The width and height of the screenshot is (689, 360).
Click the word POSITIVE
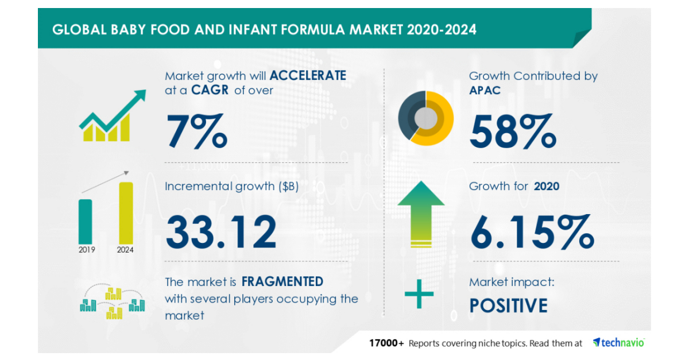(508, 305)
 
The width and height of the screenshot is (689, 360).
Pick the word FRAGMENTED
(282, 281)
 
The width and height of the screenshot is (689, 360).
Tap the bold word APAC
(485, 90)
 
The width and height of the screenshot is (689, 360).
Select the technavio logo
(618, 343)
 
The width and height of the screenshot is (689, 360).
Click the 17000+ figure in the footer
(386, 343)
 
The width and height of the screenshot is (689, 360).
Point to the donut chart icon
(425, 117)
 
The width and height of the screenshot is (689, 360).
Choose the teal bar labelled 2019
(85, 220)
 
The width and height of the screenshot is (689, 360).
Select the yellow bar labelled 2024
(126, 212)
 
